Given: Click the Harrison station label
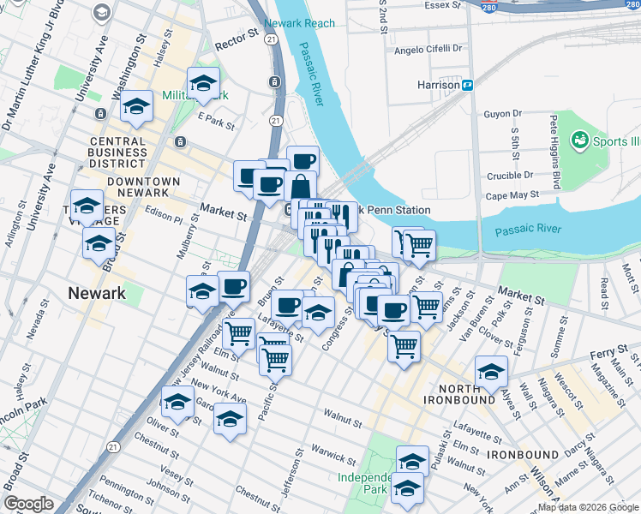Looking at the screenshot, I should [x=438, y=86].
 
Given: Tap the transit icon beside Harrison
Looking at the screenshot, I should [x=469, y=85].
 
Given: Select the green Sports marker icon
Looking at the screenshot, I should [x=579, y=140].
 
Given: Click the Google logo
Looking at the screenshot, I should [x=28, y=504].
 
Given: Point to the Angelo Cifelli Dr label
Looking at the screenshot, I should [x=428, y=50].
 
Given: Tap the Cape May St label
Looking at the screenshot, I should [x=512, y=194].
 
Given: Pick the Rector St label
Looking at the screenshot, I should [x=237, y=37].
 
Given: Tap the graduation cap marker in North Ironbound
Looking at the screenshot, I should [x=491, y=371].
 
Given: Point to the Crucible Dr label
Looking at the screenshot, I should [x=506, y=175].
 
